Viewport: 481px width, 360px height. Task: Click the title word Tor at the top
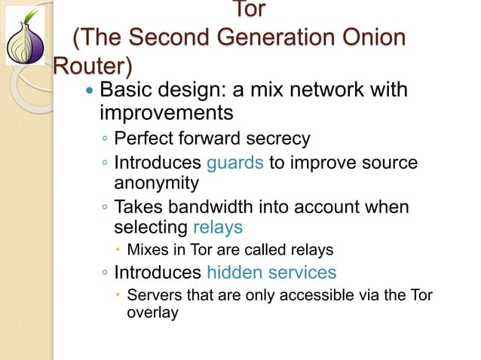point(249,11)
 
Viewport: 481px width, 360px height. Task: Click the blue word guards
point(234,163)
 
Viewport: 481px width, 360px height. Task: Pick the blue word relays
point(218,227)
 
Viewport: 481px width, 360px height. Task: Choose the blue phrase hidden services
point(271,272)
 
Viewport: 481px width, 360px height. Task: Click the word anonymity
point(156,182)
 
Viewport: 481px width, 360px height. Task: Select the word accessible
point(316,294)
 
